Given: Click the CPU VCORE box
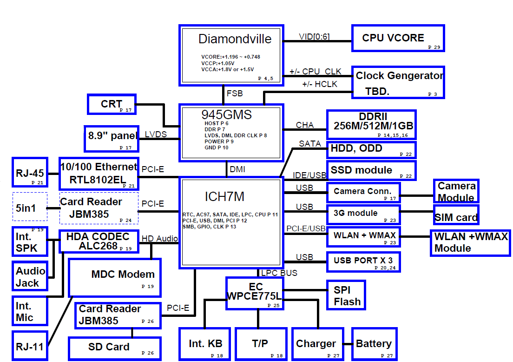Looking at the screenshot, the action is click(x=398, y=38).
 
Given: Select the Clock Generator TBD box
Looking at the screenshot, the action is click(x=398, y=82).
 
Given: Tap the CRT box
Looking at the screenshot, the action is click(x=112, y=104).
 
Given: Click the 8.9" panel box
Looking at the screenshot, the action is click(x=112, y=139).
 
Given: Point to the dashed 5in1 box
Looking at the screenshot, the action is click(x=30, y=207).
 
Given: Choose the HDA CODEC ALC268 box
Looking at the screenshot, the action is click(x=99, y=242).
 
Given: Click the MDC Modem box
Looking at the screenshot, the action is click(x=115, y=278).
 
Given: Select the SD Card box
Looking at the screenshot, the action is click(x=115, y=349).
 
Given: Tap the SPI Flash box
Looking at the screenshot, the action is click(x=346, y=295).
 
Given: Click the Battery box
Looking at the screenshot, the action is click(x=375, y=344).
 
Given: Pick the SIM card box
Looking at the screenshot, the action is click(x=456, y=215).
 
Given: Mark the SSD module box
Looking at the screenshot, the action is click(x=371, y=170).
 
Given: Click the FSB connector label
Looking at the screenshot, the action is click(x=235, y=94).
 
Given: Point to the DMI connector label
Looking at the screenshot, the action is click(x=237, y=169).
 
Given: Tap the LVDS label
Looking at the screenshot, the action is click(x=156, y=134).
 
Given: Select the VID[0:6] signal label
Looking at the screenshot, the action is click(x=314, y=36).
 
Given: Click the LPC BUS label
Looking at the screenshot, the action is click(x=279, y=273).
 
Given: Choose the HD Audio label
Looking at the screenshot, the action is click(x=160, y=239).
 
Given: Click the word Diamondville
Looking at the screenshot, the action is click(x=235, y=39).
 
